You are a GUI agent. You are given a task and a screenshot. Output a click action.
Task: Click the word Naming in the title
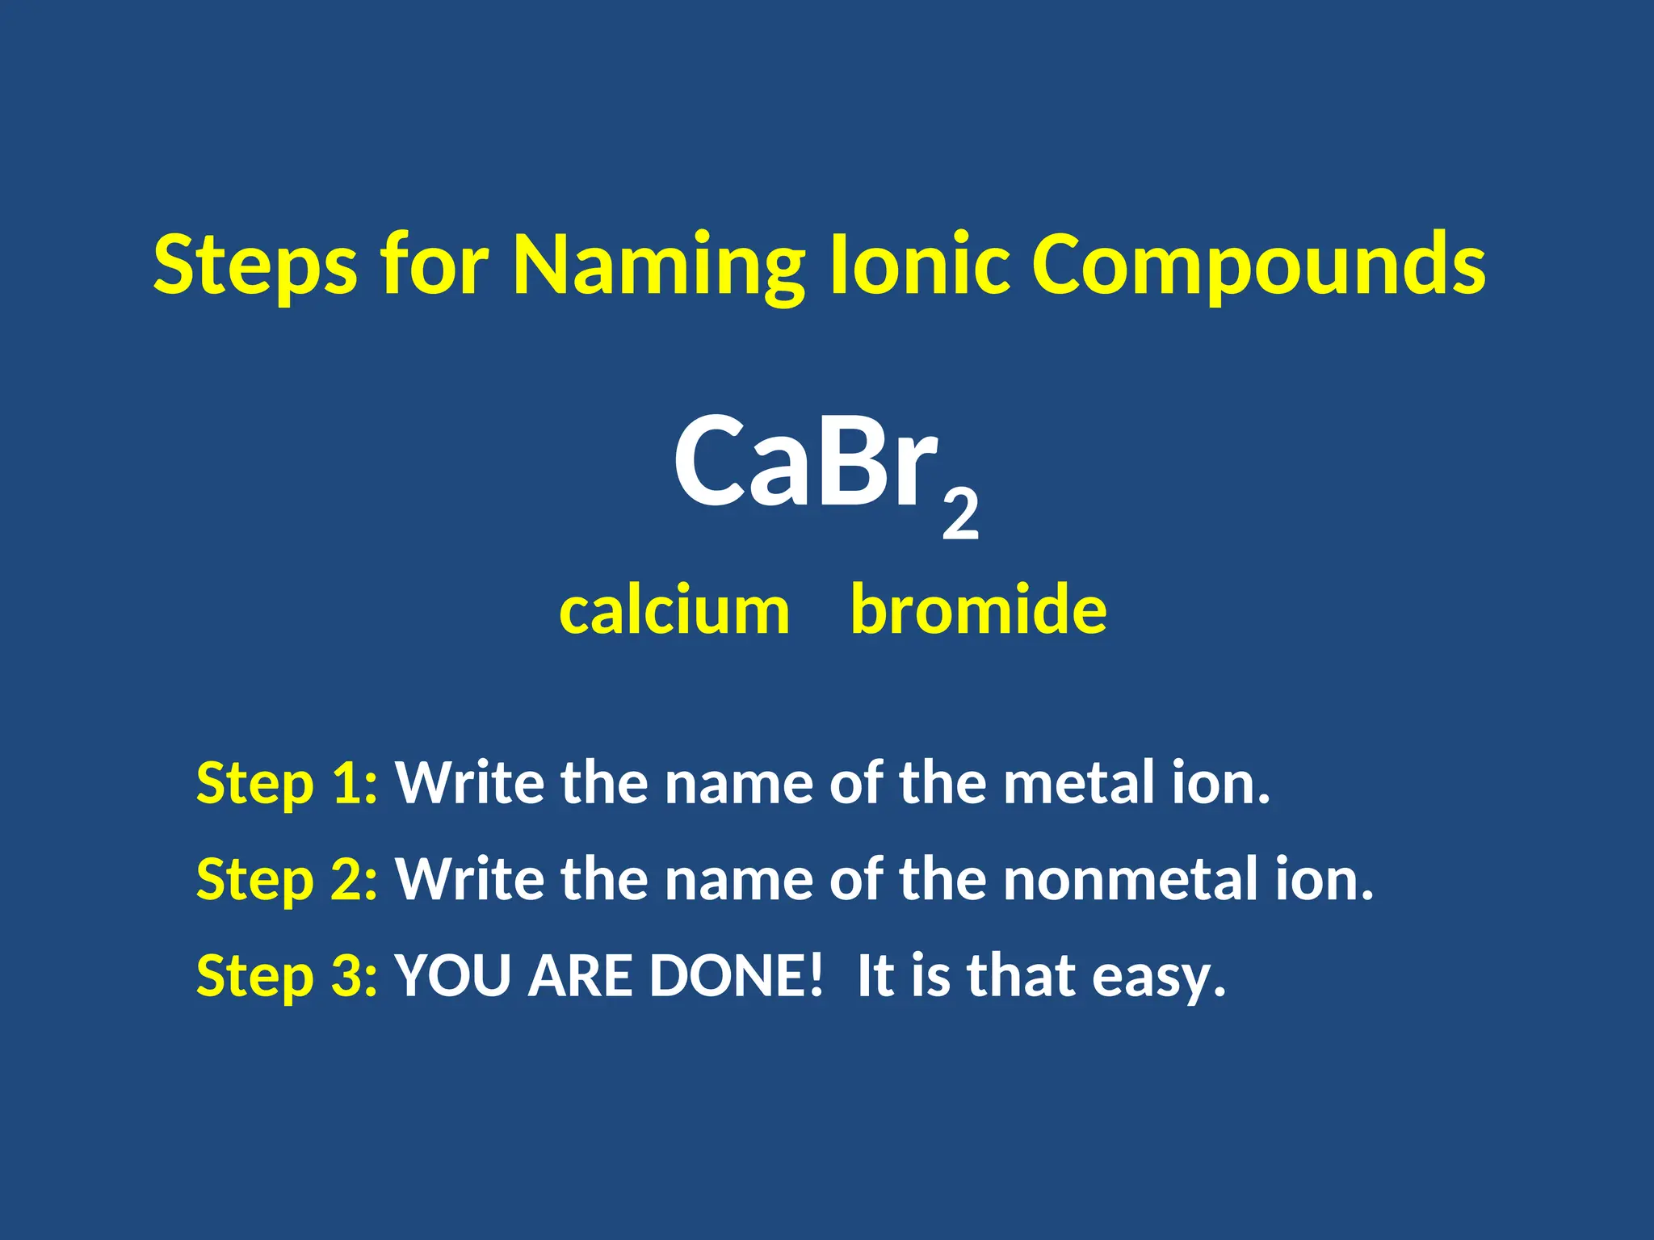click(658, 266)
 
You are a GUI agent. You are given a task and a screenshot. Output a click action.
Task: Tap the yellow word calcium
click(674, 610)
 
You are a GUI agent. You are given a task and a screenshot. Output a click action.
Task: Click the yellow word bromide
click(979, 610)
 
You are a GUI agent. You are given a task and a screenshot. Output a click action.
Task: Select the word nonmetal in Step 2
click(1130, 879)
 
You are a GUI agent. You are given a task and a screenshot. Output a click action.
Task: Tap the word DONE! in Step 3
click(736, 975)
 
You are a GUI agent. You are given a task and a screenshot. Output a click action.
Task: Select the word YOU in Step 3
click(453, 975)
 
